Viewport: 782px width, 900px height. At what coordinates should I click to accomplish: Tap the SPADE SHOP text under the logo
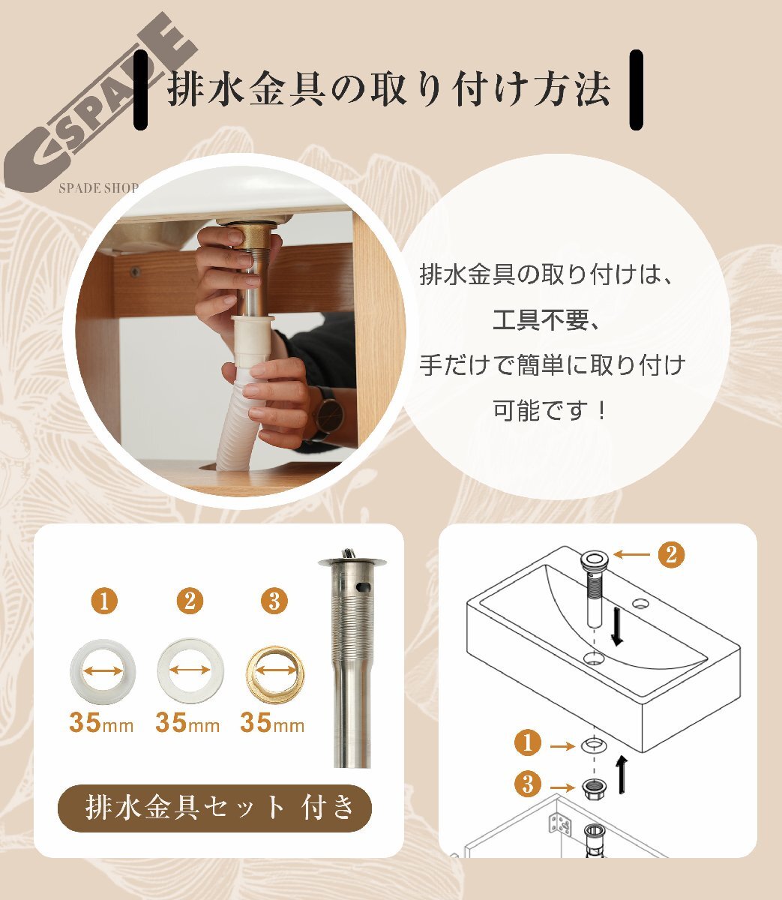(98, 187)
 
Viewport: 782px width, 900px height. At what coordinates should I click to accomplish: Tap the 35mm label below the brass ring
(272, 723)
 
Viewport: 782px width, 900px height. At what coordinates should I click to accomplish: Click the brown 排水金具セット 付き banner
(214, 808)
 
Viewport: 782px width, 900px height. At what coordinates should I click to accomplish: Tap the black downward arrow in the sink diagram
(617, 627)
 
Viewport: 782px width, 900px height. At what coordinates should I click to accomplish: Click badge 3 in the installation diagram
(528, 785)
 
